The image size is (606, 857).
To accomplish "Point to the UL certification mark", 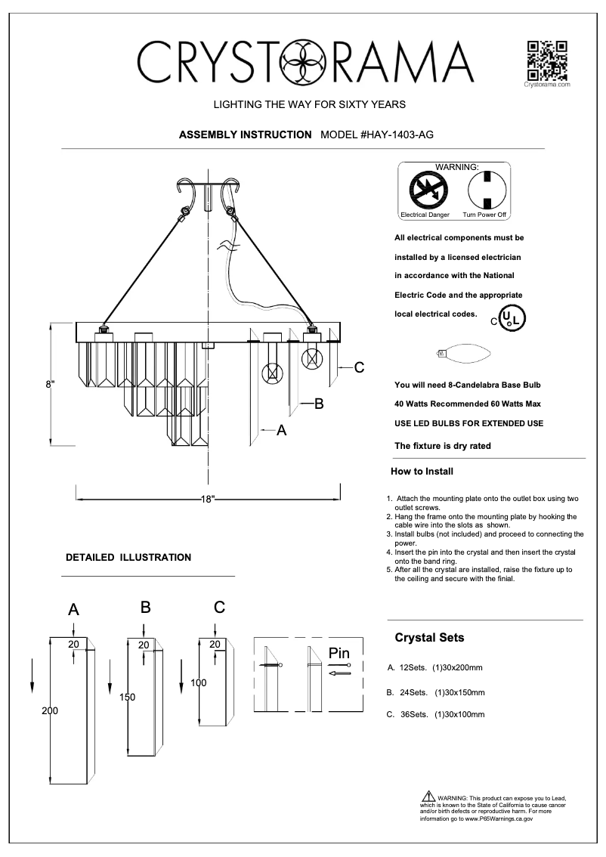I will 512,317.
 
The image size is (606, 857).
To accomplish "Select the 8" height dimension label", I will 51,384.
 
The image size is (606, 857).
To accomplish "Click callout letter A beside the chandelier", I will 281,430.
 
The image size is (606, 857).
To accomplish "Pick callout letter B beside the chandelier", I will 319,404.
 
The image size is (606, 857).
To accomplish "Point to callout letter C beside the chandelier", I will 360,368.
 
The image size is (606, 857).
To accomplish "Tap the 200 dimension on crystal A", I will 50,711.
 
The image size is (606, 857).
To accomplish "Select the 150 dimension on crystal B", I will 127,698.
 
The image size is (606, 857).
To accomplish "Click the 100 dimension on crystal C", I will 198,682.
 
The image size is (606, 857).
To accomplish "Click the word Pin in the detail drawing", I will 340,652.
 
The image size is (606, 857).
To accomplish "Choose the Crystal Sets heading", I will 429,638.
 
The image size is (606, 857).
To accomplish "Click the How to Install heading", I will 422,472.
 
